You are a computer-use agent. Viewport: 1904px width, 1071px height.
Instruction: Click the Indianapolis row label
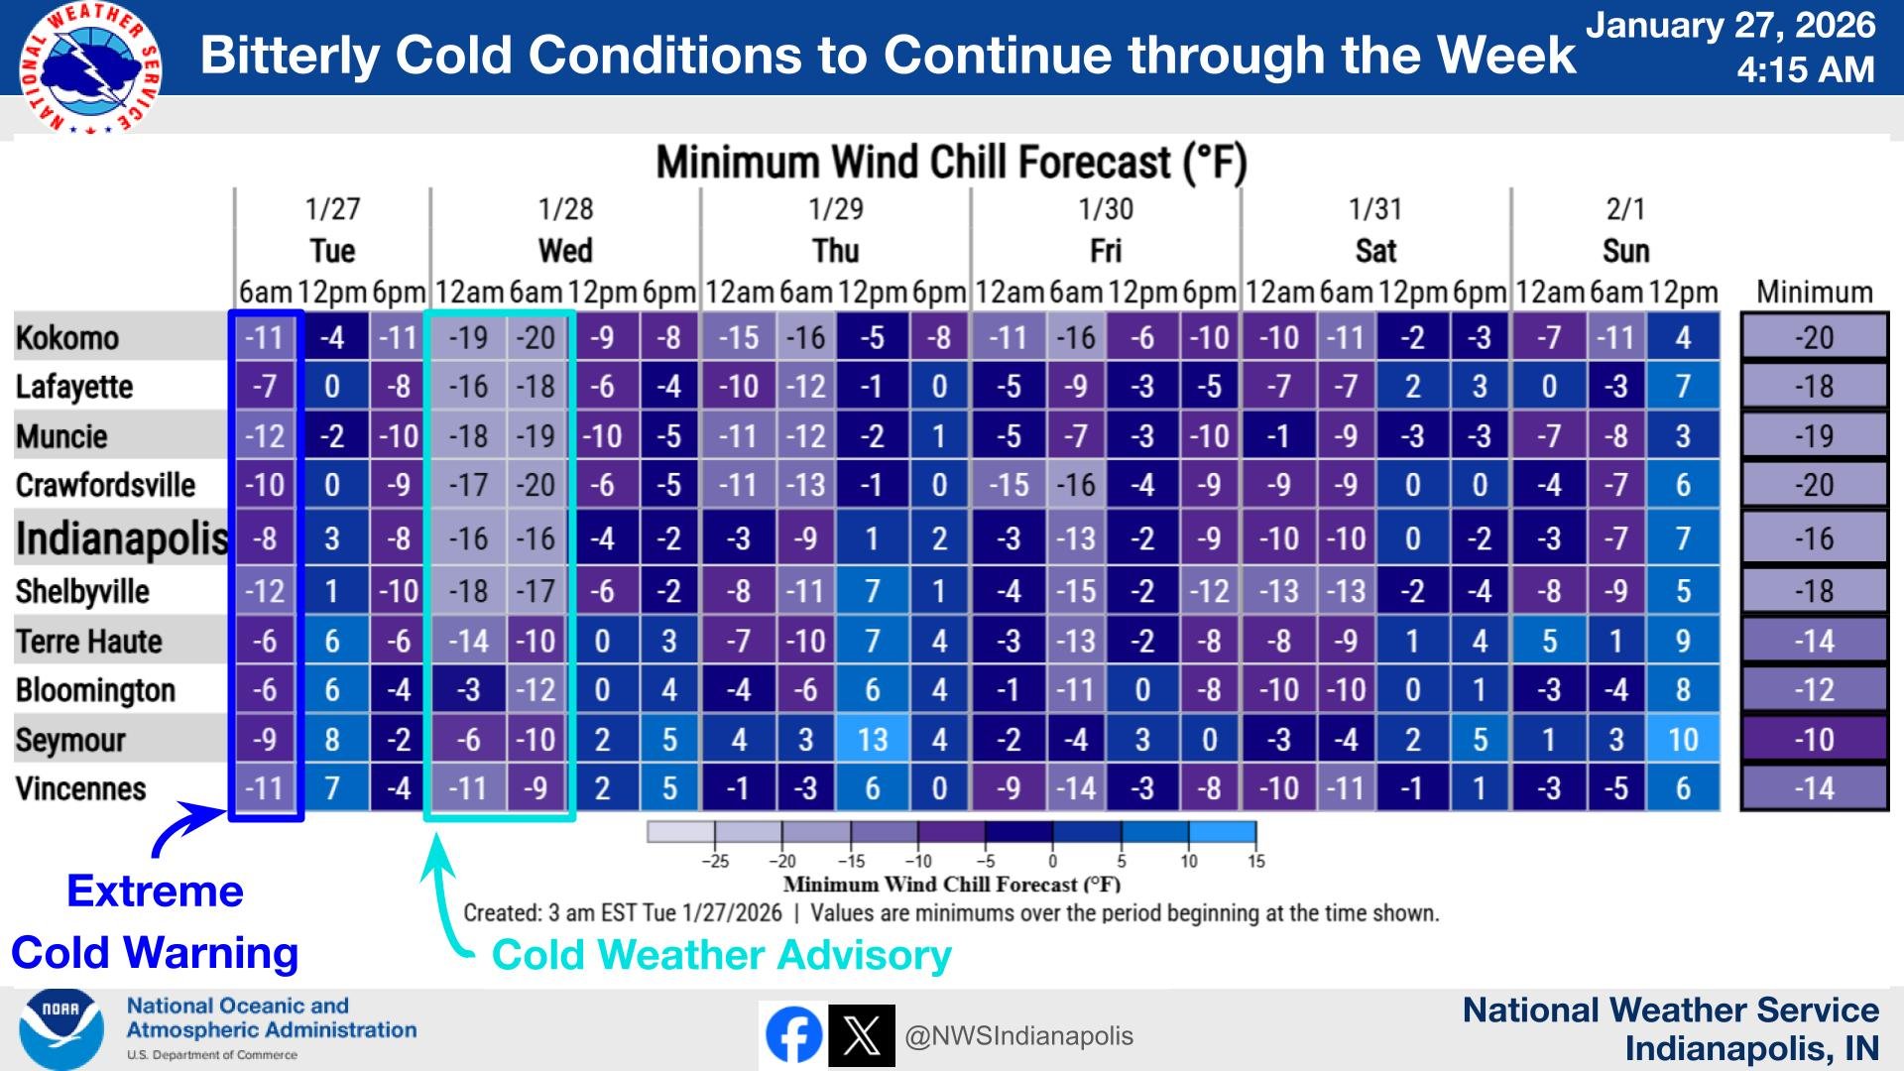point(121,538)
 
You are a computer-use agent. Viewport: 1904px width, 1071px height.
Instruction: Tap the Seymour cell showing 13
point(872,740)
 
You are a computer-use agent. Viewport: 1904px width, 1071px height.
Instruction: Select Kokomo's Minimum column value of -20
point(1814,338)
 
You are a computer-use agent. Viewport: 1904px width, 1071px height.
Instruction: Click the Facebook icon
point(793,1035)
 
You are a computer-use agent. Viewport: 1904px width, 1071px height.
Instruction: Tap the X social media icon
point(861,1035)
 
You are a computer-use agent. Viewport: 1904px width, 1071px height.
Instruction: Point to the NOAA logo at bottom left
point(60,1030)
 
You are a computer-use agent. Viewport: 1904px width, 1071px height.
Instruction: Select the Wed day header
point(565,251)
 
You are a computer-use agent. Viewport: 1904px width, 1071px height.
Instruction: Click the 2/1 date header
point(1625,209)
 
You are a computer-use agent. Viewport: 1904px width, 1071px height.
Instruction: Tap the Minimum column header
point(1814,293)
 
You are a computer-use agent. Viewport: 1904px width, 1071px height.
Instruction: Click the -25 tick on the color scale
point(715,861)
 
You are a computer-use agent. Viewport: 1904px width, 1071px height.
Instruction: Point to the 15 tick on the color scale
point(1255,861)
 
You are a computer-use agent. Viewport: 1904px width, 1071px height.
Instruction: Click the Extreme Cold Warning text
point(155,922)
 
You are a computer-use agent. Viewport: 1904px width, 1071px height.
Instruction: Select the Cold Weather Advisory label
point(721,955)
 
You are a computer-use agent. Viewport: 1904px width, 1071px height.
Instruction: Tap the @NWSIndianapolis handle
point(1018,1036)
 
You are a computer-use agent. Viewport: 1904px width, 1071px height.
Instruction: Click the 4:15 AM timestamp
point(1805,69)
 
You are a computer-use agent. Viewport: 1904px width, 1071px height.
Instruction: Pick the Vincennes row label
point(80,789)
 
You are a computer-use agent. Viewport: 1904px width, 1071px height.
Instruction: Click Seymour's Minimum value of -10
point(1814,740)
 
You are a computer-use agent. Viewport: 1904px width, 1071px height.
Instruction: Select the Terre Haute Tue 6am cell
point(265,642)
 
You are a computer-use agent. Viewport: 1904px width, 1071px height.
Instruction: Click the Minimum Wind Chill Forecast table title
point(951,163)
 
